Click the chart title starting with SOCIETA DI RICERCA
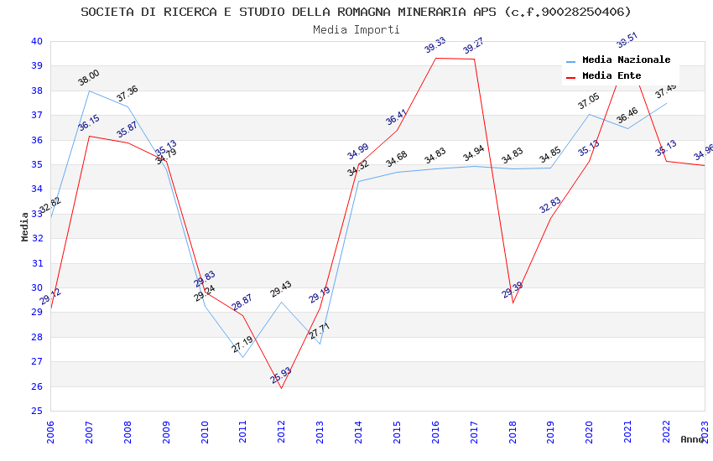coord(356,12)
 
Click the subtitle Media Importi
coord(356,29)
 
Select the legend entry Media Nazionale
coord(626,60)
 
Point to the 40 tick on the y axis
coord(36,41)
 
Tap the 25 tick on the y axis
coord(36,411)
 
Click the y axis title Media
coord(25,226)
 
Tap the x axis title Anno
coord(692,439)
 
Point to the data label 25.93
coord(281,375)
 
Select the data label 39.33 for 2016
coord(435,45)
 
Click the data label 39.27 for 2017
coord(474,46)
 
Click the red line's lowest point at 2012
coord(281,388)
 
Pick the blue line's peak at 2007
coord(89,91)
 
